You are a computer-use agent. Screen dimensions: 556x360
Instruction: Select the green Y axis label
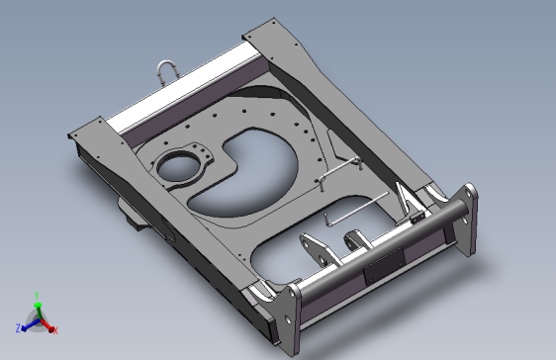pos(37,296)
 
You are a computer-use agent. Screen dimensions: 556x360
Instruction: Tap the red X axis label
pos(55,330)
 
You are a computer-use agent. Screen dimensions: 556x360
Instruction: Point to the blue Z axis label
pos(18,327)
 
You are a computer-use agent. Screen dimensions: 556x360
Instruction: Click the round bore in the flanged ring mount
pos(175,168)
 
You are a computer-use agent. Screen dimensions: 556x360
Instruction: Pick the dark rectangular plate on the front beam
pos(385,265)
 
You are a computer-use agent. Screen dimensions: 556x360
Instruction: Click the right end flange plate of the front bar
pos(464,219)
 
